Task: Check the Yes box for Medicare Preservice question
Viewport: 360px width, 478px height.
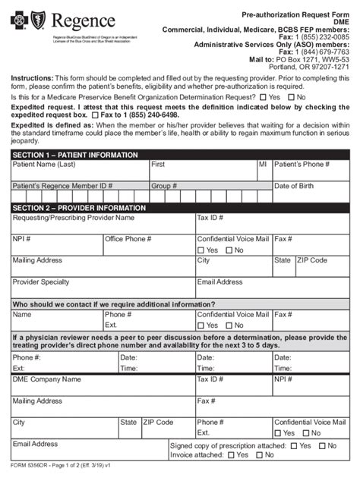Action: (x=263, y=97)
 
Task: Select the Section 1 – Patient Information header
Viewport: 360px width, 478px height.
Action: (x=75, y=155)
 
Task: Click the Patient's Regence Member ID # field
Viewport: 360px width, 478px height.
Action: (x=79, y=190)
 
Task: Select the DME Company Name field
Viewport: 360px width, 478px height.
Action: (x=102, y=384)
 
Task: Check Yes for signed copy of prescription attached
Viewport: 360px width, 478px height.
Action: (x=294, y=446)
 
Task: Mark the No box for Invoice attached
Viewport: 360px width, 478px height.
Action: (x=259, y=456)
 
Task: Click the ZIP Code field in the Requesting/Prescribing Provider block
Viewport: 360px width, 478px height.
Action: (x=322, y=266)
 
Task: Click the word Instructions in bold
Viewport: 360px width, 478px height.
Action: (x=31, y=78)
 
